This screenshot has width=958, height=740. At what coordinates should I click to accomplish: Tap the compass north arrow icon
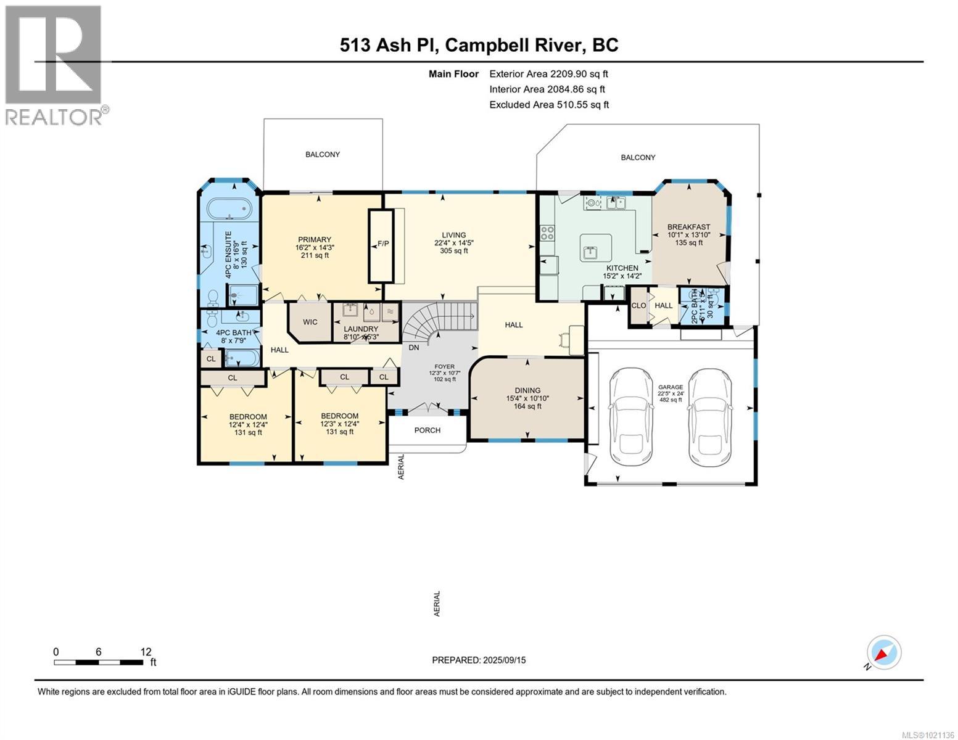pos(883,652)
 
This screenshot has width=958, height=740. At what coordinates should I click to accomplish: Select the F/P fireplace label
pos(382,244)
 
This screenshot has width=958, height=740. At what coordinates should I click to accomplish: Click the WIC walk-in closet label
pos(310,322)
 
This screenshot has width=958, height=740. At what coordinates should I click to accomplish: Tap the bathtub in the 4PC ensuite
pos(229,209)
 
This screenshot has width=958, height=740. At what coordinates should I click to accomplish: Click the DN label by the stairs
pos(414,348)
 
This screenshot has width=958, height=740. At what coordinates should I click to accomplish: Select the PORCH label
pos(427,430)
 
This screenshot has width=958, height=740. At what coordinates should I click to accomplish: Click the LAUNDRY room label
pos(361,329)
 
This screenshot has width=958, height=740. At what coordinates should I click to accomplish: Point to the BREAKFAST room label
pos(688,227)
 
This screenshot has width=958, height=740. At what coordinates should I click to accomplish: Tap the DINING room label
pos(527,390)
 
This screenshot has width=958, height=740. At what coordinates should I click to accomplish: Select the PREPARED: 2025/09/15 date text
pos(479,660)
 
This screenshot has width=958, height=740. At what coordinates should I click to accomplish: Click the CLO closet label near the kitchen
pos(638,306)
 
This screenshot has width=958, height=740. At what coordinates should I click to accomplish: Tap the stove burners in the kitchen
pos(547,233)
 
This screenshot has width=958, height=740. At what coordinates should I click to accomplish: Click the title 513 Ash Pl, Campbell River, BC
pos(479,45)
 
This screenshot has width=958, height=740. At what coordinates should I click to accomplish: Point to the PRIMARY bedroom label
pos(315,240)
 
